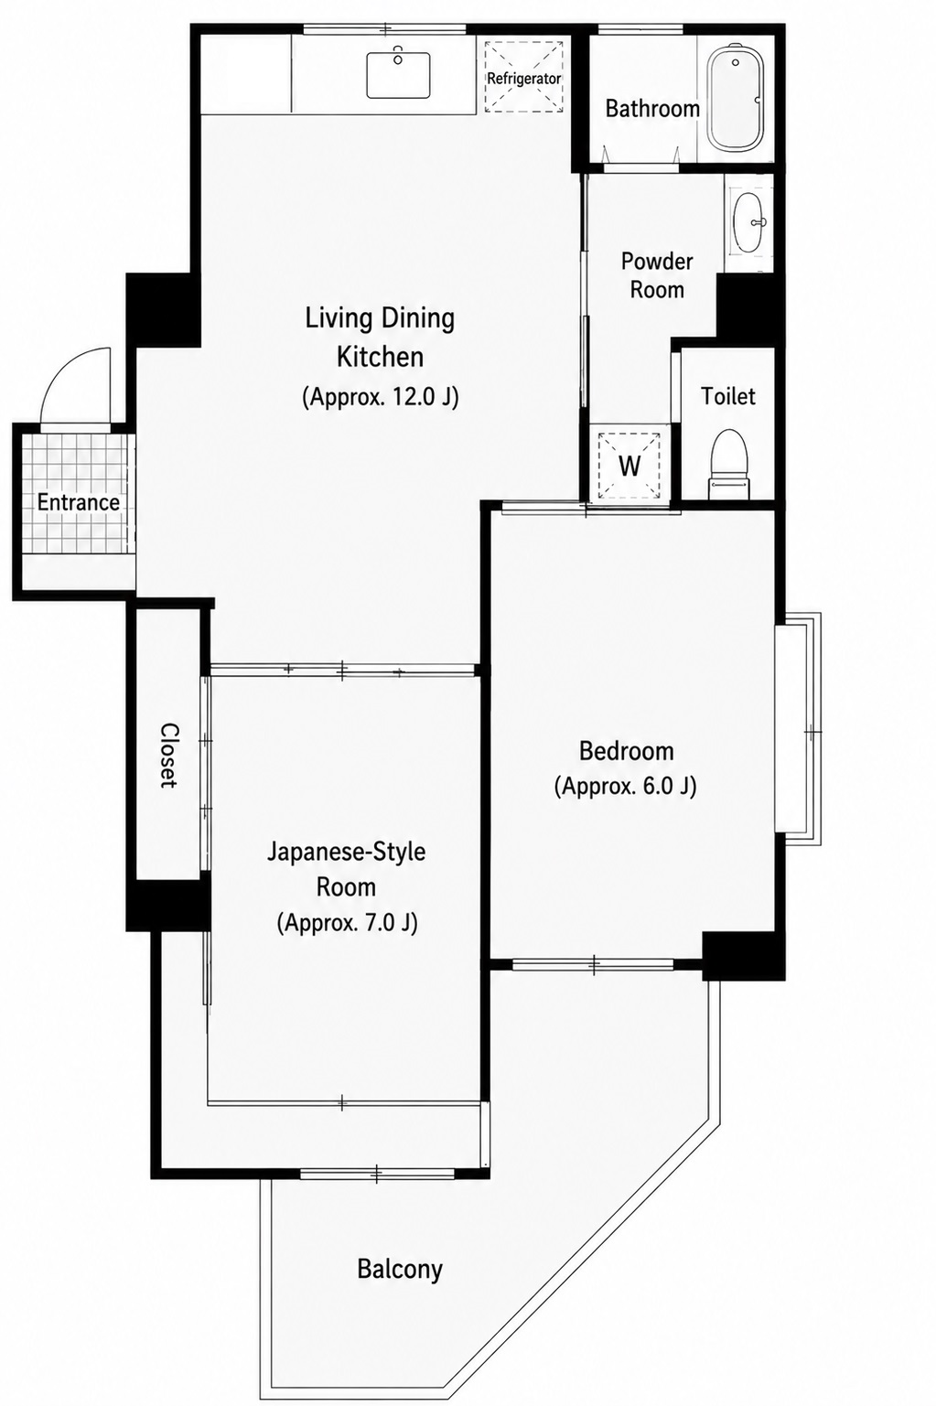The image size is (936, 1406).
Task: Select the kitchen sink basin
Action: click(x=398, y=75)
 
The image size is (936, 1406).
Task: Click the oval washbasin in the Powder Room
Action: click(x=749, y=222)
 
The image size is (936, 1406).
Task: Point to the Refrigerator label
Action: click(x=523, y=79)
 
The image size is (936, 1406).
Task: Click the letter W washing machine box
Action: click(x=629, y=465)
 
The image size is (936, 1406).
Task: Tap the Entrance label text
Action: click(x=78, y=502)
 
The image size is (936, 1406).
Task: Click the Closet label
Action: click(x=168, y=755)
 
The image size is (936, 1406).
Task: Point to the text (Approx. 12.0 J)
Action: click(x=381, y=397)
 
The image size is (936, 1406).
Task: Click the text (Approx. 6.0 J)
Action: click(x=625, y=786)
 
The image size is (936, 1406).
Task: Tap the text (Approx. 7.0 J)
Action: click(x=347, y=923)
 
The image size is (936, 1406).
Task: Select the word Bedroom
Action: click(x=626, y=751)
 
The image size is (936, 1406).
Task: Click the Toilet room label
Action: click(x=728, y=396)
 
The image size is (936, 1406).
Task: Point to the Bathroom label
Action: click(x=652, y=109)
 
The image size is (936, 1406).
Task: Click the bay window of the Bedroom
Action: click(x=797, y=729)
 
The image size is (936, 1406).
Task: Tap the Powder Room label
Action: click(x=657, y=275)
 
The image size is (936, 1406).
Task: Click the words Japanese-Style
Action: click(x=347, y=852)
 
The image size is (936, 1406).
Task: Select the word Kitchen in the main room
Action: click(x=381, y=357)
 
